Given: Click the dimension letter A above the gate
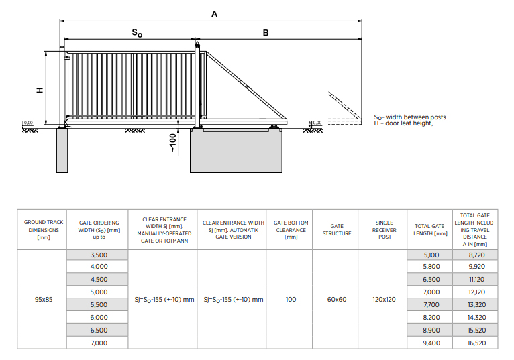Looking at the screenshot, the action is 214,14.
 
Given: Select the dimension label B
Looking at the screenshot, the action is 266,33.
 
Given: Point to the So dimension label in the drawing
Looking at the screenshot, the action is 137,33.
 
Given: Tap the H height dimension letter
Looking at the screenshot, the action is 40,90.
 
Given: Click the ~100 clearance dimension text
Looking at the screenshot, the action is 172,143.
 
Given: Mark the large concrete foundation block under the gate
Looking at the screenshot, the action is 236,150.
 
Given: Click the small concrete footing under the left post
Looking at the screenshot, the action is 62,150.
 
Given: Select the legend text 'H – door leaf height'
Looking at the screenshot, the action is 403,123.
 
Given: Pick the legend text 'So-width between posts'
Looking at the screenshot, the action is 410,117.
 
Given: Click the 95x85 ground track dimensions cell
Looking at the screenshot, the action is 44,300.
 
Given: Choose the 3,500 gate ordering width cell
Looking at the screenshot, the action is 99,255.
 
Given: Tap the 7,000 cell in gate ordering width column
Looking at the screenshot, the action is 99,343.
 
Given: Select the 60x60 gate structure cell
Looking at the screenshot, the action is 337,300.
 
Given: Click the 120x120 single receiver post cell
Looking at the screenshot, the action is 384,300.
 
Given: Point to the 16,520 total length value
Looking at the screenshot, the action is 476,343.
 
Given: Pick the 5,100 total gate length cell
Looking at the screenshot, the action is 431,255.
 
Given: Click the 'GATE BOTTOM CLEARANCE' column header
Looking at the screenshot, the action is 291,230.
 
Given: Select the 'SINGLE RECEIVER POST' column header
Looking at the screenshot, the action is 384,230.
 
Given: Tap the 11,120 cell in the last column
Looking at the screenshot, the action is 476,280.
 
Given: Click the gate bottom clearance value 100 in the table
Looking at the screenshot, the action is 291,300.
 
